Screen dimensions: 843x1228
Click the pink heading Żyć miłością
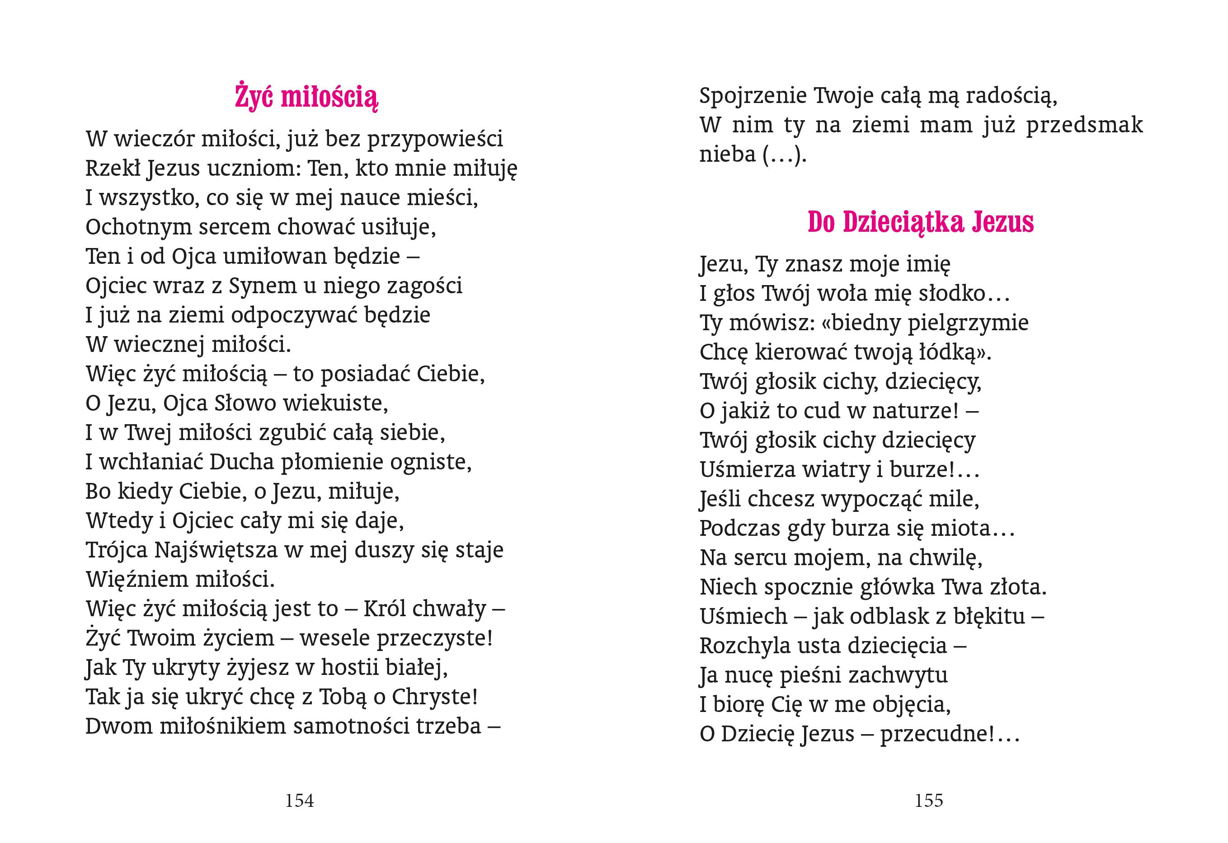pos(306,97)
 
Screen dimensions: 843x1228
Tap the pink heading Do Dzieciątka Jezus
pos(921,222)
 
